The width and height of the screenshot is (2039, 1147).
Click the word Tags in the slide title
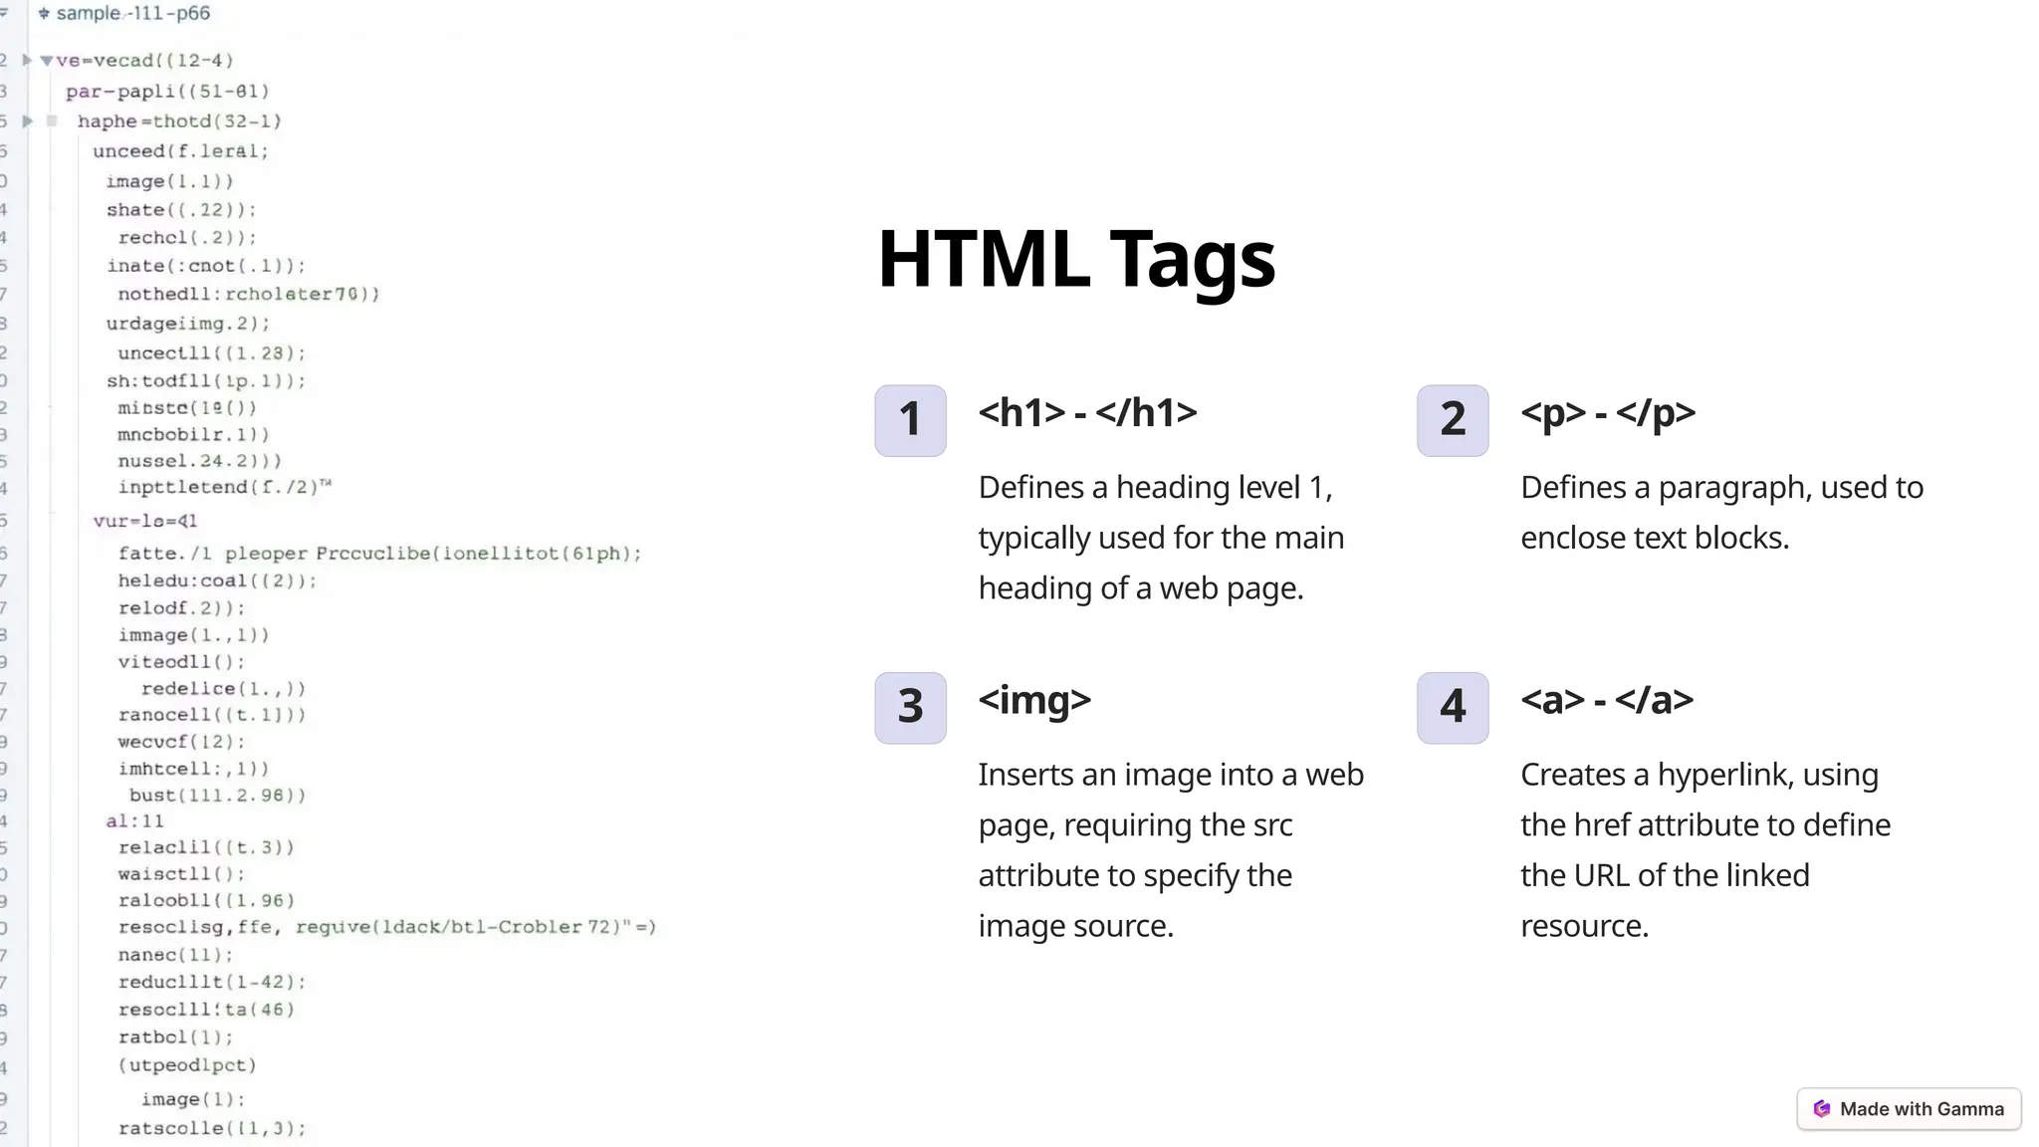coord(1192,260)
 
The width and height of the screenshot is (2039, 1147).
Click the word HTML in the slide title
coord(983,260)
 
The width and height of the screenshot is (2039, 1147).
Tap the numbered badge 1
coord(910,420)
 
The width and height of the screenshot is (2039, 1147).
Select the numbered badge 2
coord(1453,420)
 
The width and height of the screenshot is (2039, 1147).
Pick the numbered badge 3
coord(910,708)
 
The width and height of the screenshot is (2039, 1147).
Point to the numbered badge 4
coord(1453,708)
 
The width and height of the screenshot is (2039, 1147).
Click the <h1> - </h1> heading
coord(1087,412)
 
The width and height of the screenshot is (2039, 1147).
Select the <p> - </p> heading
coord(1607,412)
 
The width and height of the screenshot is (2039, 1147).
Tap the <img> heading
coord(1034,700)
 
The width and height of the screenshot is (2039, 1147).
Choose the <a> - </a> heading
coord(1606,700)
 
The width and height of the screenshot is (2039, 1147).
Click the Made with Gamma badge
coord(1909,1109)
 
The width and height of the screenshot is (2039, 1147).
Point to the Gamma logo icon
coord(1822,1109)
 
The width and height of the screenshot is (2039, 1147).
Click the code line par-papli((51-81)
coord(167,92)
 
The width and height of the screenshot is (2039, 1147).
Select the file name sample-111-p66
coord(132,14)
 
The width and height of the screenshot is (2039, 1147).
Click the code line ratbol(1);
coord(175,1037)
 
